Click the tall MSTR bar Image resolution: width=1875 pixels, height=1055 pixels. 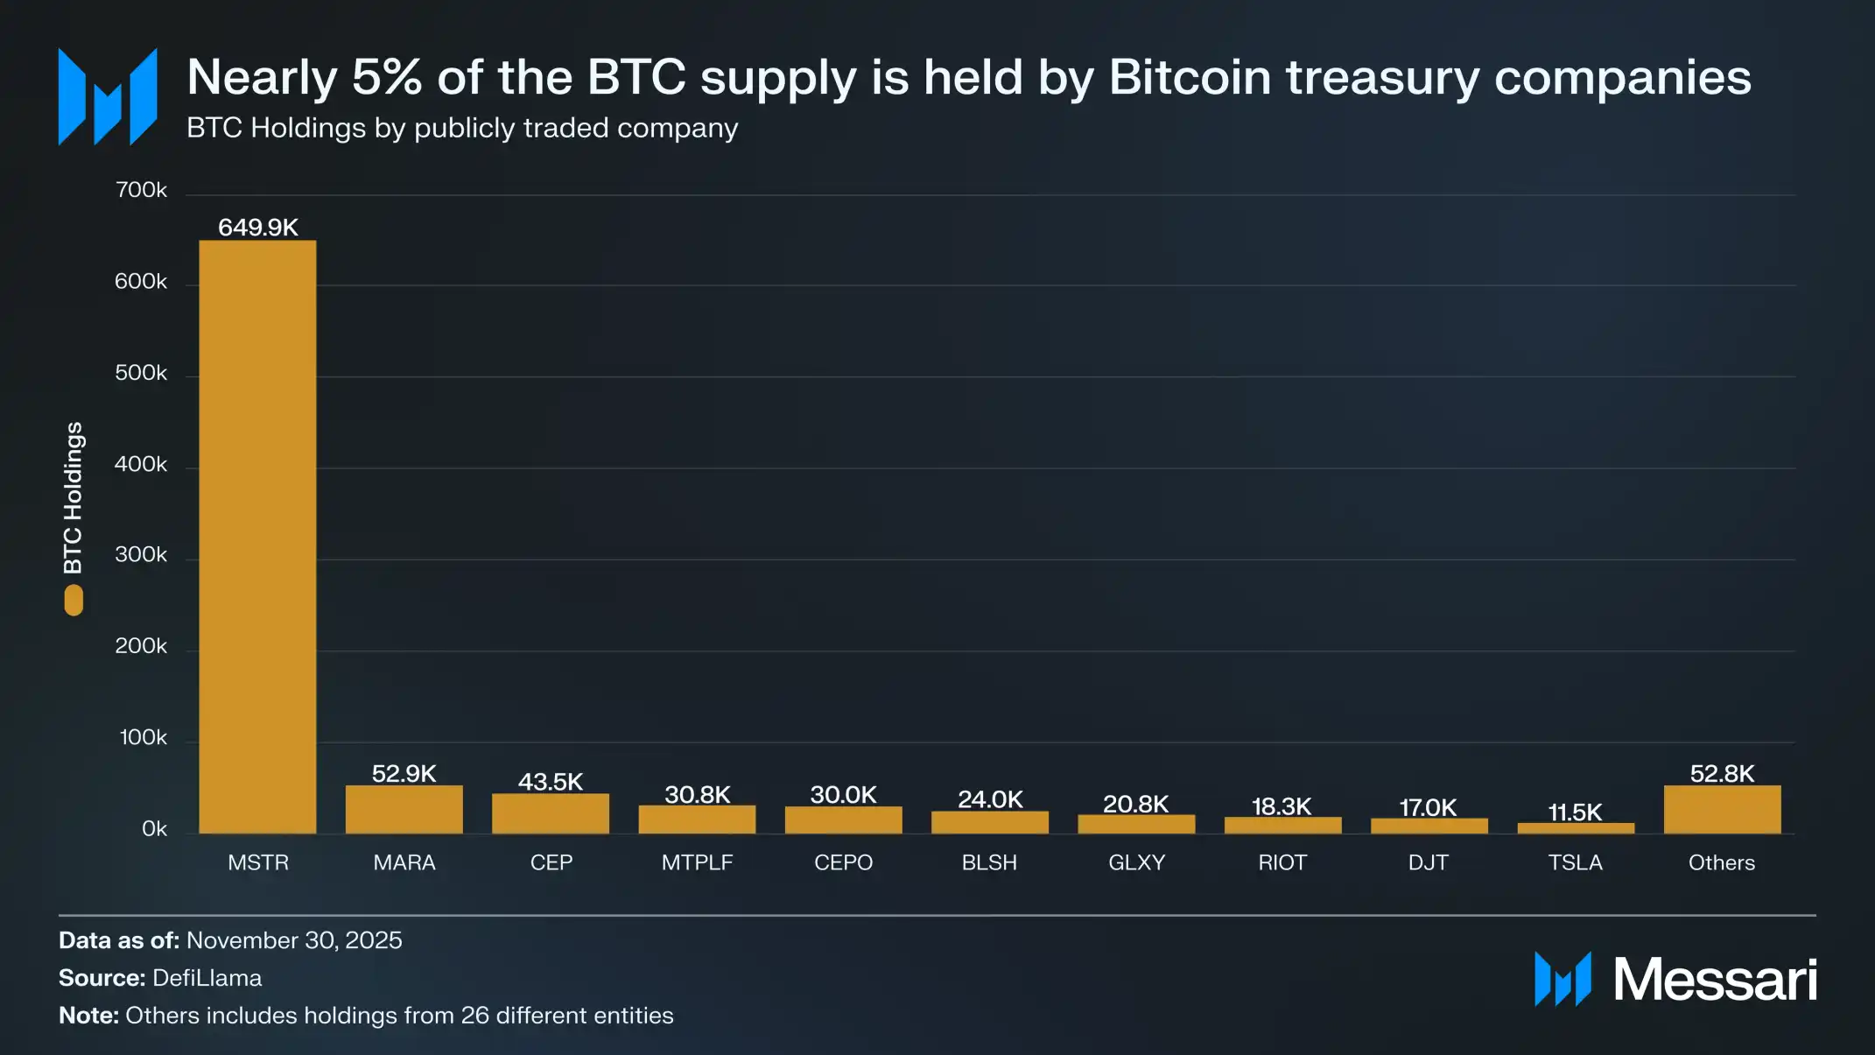coord(257,536)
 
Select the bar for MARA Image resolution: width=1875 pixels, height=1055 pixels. coord(404,809)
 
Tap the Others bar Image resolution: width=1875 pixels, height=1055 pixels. coord(1722,809)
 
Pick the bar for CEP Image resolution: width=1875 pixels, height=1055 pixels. coord(550,813)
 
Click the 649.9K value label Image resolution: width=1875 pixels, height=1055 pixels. coord(257,228)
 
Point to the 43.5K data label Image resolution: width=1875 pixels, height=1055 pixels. coord(550,781)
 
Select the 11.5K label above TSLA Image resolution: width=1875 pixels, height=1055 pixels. coord(1575,812)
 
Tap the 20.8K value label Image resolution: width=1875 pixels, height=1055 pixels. coord(1135,804)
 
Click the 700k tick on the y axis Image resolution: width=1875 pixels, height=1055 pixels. coord(141,190)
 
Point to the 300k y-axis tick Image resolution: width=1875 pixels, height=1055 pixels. coord(141,555)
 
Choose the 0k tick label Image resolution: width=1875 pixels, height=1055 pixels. coord(154,828)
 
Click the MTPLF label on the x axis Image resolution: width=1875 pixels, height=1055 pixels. coord(697,862)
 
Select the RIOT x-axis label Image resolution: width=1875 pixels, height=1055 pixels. coord(1282,862)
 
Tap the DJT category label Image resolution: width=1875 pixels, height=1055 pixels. coord(1428,862)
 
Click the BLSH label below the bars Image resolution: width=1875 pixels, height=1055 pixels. coord(989,862)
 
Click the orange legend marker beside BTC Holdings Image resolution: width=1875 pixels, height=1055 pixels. coord(74,601)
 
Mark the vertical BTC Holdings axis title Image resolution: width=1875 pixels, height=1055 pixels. coord(74,497)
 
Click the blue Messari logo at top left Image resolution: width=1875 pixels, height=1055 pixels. coord(108,96)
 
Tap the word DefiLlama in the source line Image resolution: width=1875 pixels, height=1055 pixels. coord(207,978)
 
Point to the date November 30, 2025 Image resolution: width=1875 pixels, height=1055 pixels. coord(294,940)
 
